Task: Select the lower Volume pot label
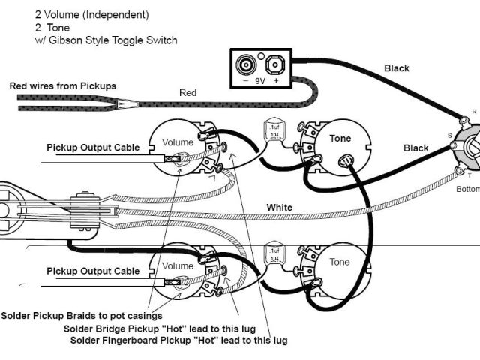[178, 265]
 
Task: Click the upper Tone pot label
[319, 139]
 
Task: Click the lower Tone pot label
[340, 262]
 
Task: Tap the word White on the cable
[280, 207]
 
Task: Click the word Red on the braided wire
[187, 93]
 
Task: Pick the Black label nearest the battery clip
[397, 68]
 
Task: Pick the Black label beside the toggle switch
[415, 148]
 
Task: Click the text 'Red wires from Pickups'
[62, 85]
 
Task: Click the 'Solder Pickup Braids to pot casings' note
[82, 316]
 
